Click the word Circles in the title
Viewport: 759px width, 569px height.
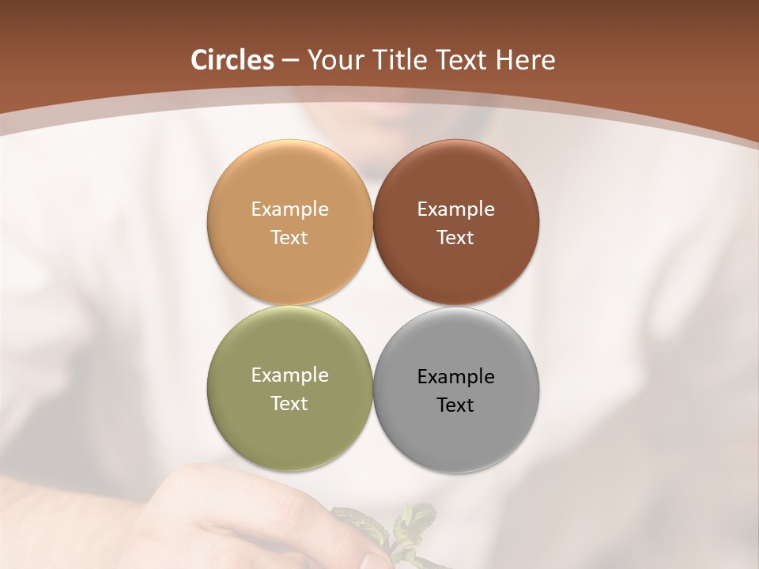click(x=232, y=60)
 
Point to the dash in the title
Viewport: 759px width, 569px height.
click(x=289, y=61)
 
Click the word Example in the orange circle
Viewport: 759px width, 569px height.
click(x=289, y=209)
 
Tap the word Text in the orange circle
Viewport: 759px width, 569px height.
click(x=289, y=238)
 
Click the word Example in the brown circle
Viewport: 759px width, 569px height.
click(x=455, y=209)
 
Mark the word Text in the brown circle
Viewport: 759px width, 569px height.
click(x=455, y=238)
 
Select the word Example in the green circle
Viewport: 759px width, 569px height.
click(x=289, y=375)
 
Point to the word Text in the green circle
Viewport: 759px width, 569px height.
click(x=289, y=404)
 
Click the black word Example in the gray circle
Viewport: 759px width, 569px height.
click(x=455, y=377)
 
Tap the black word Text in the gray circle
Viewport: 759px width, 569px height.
click(x=455, y=405)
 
